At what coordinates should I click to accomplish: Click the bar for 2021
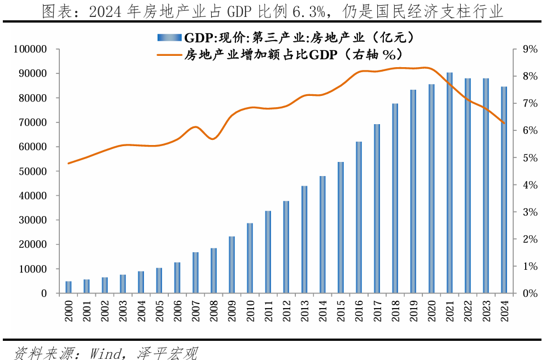(x=449, y=183)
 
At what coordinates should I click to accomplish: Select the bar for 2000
(x=69, y=287)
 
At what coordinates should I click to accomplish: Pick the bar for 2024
(x=504, y=190)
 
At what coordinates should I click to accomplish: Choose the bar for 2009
(x=232, y=265)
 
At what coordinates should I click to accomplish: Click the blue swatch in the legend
(x=169, y=38)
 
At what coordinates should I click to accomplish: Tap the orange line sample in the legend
(x=169, y=55)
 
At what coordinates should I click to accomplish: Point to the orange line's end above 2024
(x=504, y=123)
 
